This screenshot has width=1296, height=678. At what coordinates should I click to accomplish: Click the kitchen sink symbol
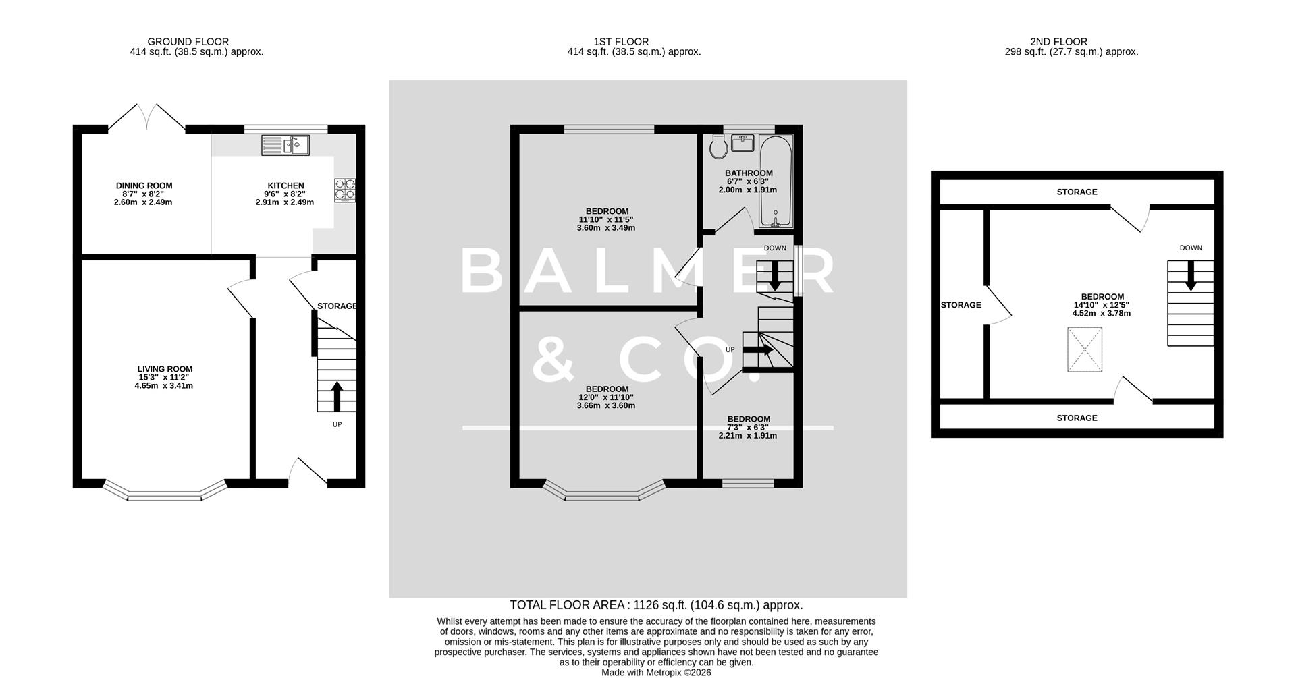pyautogui.click(x=285, y=144)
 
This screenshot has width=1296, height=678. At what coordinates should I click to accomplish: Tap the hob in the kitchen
pyautogui.click(x=344, y=190)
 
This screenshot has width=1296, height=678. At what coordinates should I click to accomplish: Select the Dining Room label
pyautogui.click(x=144, y=186)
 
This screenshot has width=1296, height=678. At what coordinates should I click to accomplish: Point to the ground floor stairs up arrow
pyautogui.click(x=336, y=396)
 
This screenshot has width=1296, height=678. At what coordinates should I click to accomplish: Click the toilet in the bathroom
pyautogui.click(x=717, y=146)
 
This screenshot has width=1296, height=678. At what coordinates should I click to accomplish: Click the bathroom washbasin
pyautogui.click(x=742, y=143)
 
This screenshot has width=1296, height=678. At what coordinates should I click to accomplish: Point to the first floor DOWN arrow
pyautogui.click(x=774, y=275)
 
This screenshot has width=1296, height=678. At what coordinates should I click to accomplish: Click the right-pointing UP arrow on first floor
pyautogui.click(x=759, y=350)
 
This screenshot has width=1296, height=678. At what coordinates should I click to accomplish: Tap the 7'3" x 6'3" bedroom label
pyautogui.click(x=748, y=427)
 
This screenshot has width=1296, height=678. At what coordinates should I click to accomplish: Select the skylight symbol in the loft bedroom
pyautogui.click(x=1084, y=349)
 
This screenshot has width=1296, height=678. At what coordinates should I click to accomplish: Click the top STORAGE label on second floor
pyautogui.click(x=1077, y=192)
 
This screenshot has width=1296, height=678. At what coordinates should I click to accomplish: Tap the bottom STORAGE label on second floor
pyautogui.click(x=1077, y=418)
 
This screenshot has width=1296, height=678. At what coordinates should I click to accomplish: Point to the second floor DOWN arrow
pyautogui.click(x=1190, y=275)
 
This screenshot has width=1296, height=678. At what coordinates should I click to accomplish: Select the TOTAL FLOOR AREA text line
pyautogui.click(x=655, y=605)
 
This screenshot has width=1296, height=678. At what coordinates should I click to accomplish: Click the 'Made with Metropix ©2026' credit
pyautogui.click(x=656, y=673)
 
